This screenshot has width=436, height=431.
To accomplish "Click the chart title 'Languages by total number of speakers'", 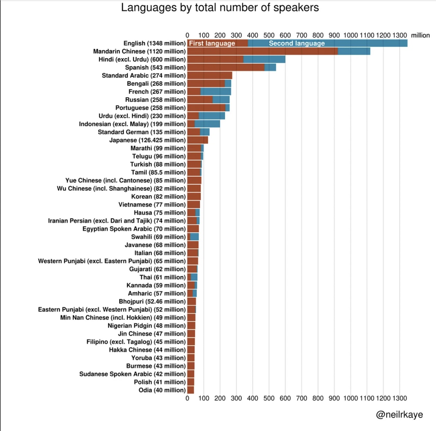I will click(x=220, y=8).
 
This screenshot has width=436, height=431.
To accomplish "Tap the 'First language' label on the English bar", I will click(x=212, y=43).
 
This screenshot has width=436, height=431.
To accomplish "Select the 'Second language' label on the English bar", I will click(x=297, y=43).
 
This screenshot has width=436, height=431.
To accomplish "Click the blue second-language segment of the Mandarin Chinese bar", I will click(x=354, y=51).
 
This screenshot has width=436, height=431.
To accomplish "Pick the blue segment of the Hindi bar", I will click(x=264, y=59).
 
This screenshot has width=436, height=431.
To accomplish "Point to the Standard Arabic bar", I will click(x=210, y=75).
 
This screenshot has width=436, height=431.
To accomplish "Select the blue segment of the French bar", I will click(x=216, y=92).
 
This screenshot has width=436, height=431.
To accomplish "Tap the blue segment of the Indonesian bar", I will click(x=207, y=124).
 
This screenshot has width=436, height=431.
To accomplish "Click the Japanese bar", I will click(x=198, y=140).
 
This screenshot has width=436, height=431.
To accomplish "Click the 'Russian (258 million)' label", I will click(x=155, y=100).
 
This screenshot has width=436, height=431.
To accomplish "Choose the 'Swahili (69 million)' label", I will click(x=158, y=237).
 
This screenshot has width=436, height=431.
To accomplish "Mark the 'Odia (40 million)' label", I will click(x=162, y=390).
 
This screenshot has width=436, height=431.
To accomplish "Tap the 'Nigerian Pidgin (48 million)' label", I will click(x=146, y=326).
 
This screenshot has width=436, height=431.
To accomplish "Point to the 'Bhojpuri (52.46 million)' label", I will click(x=152, y=302).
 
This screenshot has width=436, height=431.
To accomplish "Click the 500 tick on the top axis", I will click(x=269, y=35).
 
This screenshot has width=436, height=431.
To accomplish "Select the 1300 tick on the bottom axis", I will click(x=400, y=398).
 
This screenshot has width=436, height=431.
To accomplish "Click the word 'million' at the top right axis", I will click(x=420, y=35).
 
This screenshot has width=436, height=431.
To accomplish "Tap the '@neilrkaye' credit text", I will click(x=399, y=414).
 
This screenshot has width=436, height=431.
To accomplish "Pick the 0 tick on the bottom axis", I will click(x=187, y=398).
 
